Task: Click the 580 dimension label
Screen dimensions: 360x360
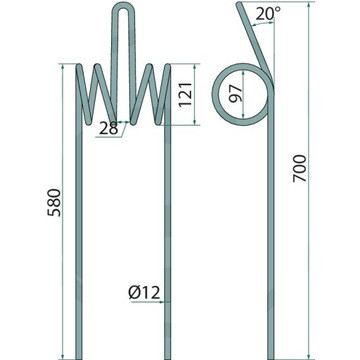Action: click(x=54, y=202)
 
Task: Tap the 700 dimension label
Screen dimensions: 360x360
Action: click(x=300, y=168)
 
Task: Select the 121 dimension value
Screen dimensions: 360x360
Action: click(x=185, y=94)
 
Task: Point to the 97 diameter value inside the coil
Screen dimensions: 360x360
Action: click(x=236, y=93)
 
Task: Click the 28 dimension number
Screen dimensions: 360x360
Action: click(x=109, y=128)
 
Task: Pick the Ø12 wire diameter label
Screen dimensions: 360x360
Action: click(x=144, y=292)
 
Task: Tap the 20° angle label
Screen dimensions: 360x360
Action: click(x=269, y=14)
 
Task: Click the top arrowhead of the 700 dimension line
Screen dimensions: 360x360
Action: click(x=310, y=5)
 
